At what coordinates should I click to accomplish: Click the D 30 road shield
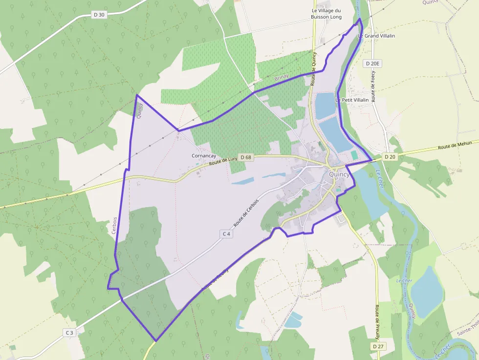point(99,15)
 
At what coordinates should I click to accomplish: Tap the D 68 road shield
point(245,157)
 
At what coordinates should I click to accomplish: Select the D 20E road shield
point(372,64)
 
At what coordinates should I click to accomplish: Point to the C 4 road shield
point(226,234)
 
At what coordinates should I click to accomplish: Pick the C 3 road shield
point(69,333)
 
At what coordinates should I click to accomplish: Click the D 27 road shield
point(377,346)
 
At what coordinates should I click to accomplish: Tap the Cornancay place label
point(204,156)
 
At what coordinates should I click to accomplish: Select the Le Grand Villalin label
point(376,36)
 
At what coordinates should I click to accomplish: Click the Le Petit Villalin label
point(352,100)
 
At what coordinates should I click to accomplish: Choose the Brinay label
point(282,77)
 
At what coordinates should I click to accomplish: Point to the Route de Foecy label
point(373,86)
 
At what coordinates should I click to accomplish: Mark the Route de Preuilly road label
point(377,322)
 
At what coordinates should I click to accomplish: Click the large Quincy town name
point(339,174)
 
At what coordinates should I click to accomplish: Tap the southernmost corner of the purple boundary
point(156,340)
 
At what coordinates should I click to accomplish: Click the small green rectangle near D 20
point(354,155)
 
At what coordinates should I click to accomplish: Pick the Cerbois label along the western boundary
point(114,225)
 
